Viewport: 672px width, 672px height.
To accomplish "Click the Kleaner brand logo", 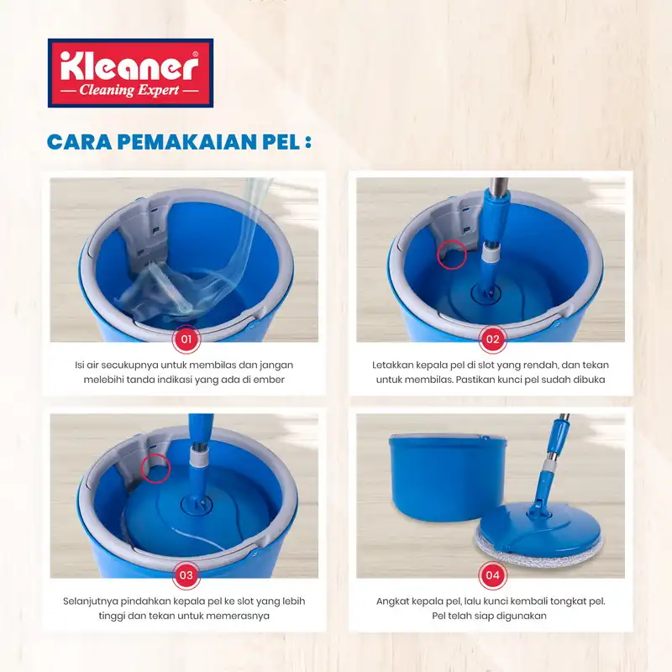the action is point(130,73).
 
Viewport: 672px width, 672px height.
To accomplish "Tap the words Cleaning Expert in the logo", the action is point(129,91).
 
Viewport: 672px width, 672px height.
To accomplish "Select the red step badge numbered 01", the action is point(186,339).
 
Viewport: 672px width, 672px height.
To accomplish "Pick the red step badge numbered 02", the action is point(492,339).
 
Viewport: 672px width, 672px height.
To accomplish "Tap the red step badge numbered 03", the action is point(186,575).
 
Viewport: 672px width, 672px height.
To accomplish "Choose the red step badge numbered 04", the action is point(492,575).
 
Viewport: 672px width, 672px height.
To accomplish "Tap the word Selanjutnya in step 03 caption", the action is point(90,601).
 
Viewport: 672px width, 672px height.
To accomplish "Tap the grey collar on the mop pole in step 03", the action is point(198,459).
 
